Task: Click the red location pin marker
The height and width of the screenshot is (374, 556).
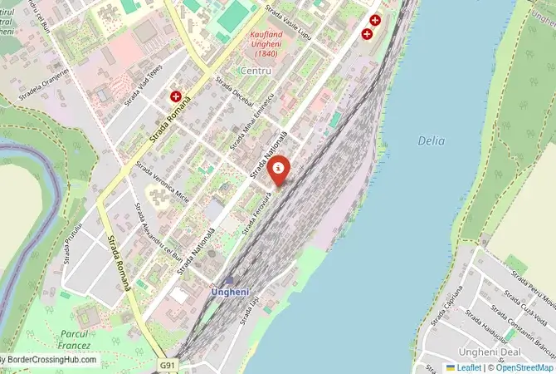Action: pyautogui.click(x=280, y=170)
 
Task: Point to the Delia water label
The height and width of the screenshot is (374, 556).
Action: pyautogui.click(x=432, y=141)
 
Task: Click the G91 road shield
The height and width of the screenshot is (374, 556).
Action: pyautogui.click(x=168, y=364)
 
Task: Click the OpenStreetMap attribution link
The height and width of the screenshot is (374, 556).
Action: pyautogui.click(x=524, y=367)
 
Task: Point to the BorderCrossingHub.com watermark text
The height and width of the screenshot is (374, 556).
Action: pyautogui.click(x=50, y=361)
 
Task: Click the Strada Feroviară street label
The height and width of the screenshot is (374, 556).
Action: pyautogui.click(x=257, y=213)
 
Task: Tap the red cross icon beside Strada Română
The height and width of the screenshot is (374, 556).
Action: pyautogui.click(x=177, y=97)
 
